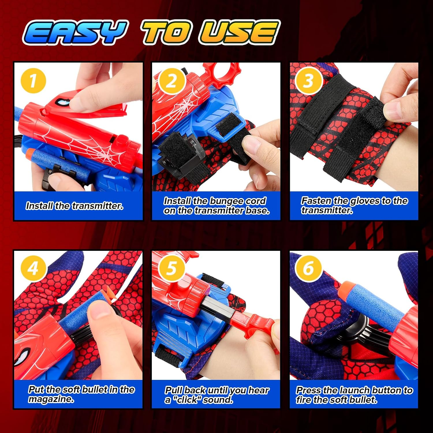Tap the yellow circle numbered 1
[33, 81]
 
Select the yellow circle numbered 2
[171, 81]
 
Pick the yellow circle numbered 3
[309, 81]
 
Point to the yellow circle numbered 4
[33, 268]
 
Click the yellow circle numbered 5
[171, 268]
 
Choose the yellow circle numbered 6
[309, 268]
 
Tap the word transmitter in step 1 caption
[98, 206]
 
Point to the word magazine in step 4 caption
[51, 399]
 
